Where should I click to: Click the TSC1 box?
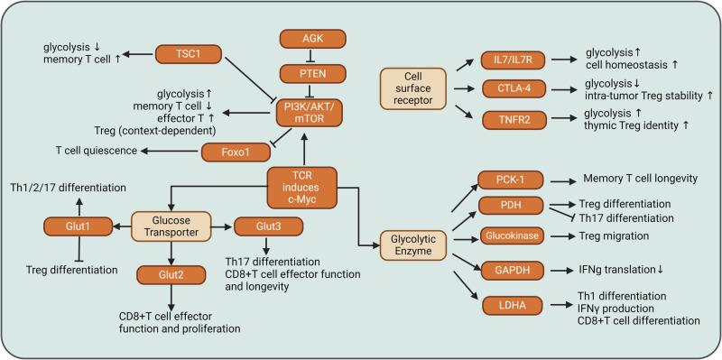pyautogui.click(x=191, y=53)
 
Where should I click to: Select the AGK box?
pyautogui.click(x=312, y=39)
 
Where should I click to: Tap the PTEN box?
pyautogui.click(x=312, y=76)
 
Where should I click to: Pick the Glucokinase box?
pyautogui.click(x=506, y=236)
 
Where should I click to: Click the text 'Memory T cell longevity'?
pyautogui.click(x=641, y=178)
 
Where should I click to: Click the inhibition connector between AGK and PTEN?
pyautogui.click(x=312, y=57)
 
